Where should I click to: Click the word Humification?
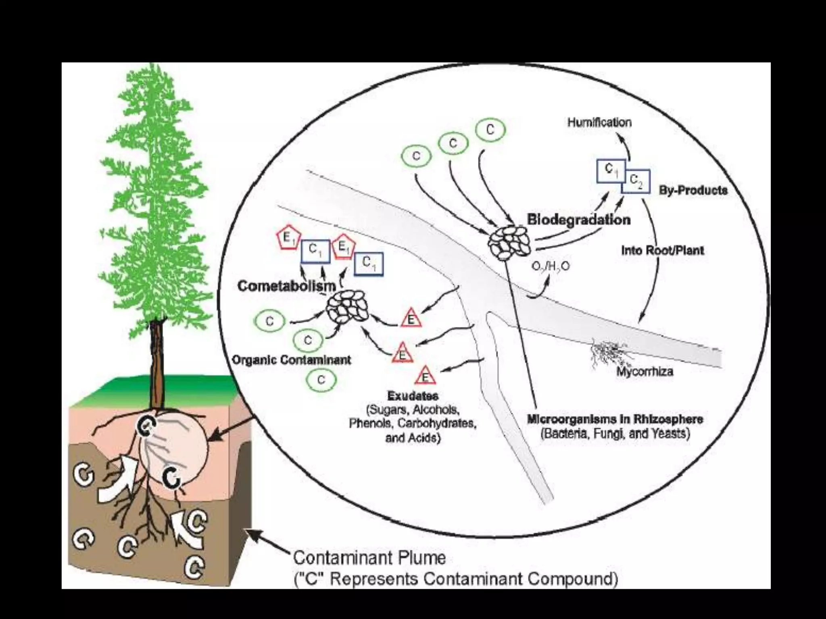599,123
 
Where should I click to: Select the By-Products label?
693,190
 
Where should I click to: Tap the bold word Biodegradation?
579,220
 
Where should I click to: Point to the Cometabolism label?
287,286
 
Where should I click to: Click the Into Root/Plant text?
662,251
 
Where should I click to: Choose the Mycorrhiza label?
645,371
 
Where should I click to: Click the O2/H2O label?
551,266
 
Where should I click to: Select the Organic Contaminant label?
292,360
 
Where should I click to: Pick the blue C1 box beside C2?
611,170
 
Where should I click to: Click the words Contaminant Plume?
369,558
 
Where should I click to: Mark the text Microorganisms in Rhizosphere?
615,419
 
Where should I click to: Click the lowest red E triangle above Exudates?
425,376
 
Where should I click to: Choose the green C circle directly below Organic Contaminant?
321,380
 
